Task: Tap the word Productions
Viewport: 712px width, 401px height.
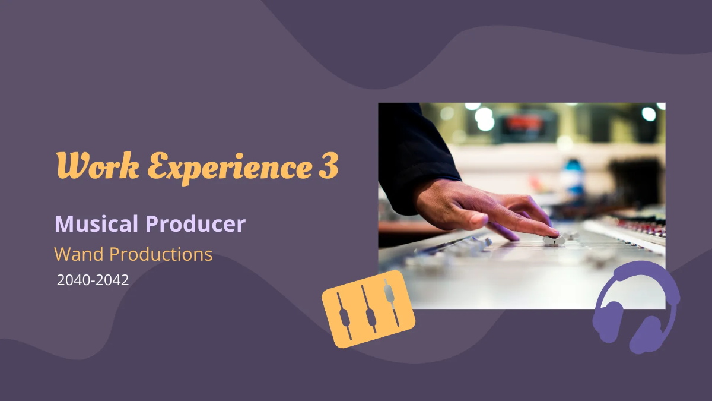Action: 161,254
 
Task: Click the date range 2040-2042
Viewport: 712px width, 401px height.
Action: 93,280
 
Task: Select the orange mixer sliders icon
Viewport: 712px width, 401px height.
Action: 368,309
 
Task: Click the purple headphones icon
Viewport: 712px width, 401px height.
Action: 636,306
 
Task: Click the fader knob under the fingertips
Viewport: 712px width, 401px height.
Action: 554,240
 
